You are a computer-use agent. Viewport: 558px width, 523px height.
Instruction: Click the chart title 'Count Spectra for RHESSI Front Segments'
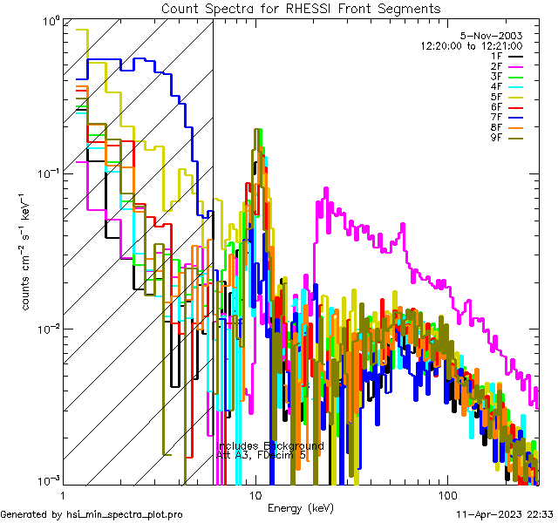pyautogui.click(x=300, y=8)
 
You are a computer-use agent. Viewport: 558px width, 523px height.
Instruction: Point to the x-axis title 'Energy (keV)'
pyautogui.click(x=300, y=508)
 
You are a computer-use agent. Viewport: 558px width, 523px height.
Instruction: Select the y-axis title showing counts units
pyautogui.click(x=27, y=253)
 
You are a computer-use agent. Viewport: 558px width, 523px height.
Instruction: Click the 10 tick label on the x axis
pyautogui.click(x=255, y=494)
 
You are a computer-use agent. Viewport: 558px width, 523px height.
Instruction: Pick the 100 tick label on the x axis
pyautogui.click(x=446, y=494)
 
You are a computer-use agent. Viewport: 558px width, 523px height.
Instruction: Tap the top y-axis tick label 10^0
pyautogui.click(x=49, y=19)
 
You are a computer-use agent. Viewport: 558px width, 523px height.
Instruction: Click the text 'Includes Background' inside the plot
pyautogui.click(x=270, y=445)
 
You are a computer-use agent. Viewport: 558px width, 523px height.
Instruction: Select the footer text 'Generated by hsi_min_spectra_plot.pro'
pyautogui.click(x=92, y=514)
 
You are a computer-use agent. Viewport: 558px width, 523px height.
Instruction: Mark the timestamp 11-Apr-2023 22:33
pyautogui.click(x=504, y=514)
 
